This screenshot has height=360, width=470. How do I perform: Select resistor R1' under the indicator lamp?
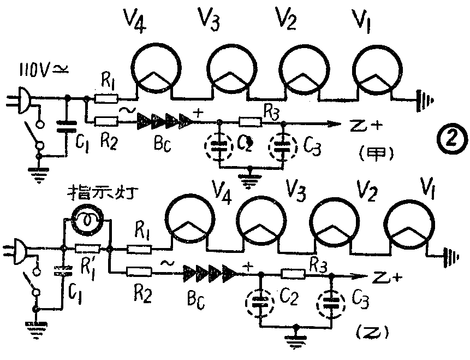click(87, 249)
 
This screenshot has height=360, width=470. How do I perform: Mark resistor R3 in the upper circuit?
click(251, 121)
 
